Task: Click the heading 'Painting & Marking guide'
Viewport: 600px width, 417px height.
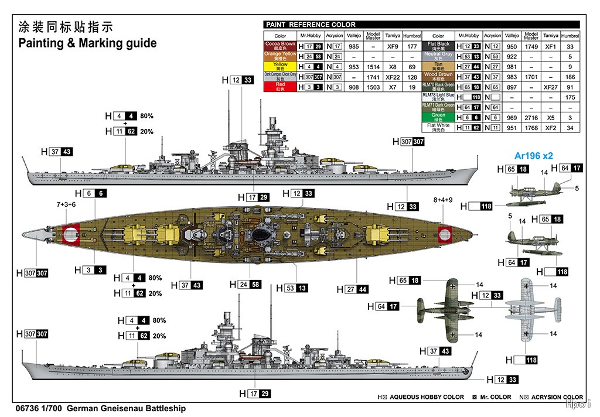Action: [x=88, y=43]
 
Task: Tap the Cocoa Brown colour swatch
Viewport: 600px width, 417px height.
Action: [x=280, y=46]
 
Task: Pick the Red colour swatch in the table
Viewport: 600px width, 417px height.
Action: [x=280, y=86]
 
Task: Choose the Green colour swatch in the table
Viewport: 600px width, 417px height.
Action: [x=438, y=117]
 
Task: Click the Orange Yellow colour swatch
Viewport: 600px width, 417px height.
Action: [x=280, y=56]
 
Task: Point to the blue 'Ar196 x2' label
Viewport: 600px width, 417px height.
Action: [x=534, y=156]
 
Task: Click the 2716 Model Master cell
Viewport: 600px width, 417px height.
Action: [x=531, y=117]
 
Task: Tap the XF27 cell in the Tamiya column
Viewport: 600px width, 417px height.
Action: [x=550, y=87]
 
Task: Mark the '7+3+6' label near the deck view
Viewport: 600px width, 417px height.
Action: [x=66, y=205]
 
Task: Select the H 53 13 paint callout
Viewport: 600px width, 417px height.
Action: [x=296, y=288]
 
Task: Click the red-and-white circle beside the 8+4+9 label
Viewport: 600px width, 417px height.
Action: [x=446, y=233]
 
